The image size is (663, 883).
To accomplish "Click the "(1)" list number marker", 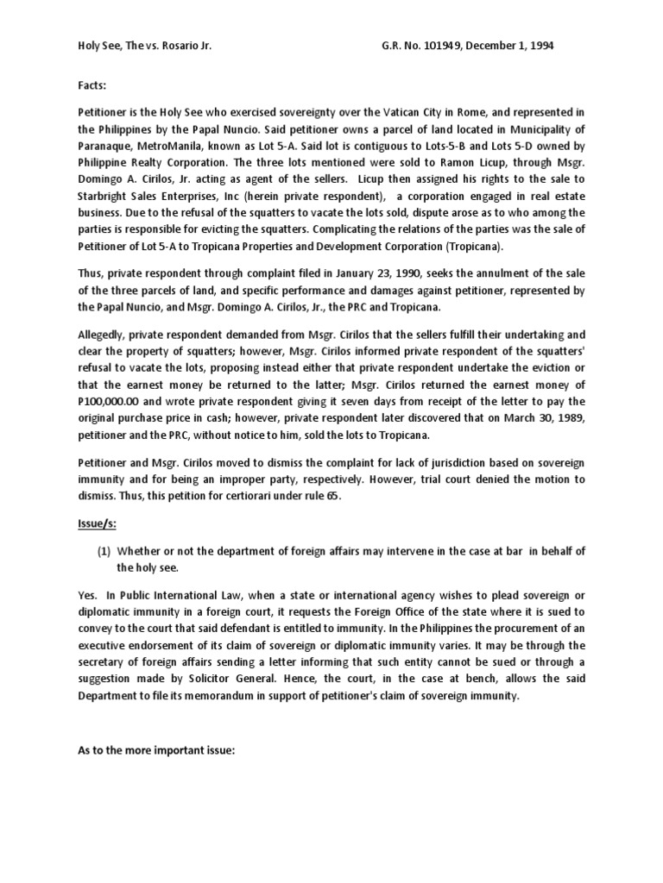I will [103, 550].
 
